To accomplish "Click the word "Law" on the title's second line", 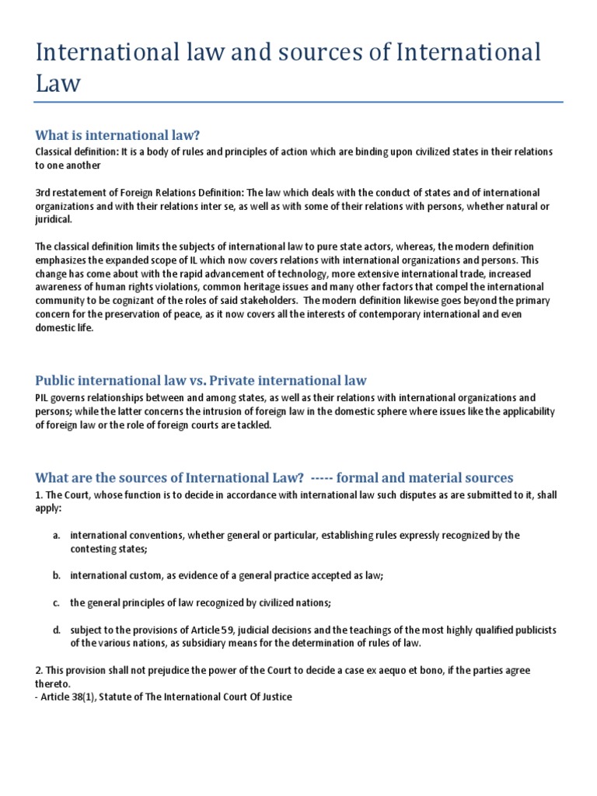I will (58, 83).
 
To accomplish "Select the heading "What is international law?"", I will (123, 135).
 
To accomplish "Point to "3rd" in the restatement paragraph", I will (44, 192).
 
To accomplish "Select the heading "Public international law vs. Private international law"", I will (201, 380).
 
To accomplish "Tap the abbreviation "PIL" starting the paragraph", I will (44, 397).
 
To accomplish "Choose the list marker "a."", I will (57, 536).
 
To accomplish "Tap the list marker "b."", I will (57, 575).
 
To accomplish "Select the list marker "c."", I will (57, 602).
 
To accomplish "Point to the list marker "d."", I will (57, 630).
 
